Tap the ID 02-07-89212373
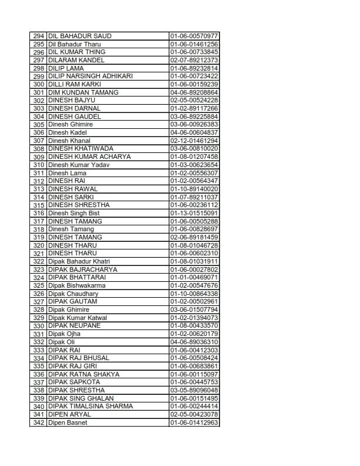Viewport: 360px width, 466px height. (x=194, y=60)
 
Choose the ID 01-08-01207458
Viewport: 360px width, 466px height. (x=194, y=157)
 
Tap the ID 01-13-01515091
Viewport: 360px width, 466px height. (x=194, y=213)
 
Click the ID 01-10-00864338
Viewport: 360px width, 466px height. (x=194, y=294)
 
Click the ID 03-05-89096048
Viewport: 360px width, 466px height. (x=194, y=390)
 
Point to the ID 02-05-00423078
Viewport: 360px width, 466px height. (x=194, y=414)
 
